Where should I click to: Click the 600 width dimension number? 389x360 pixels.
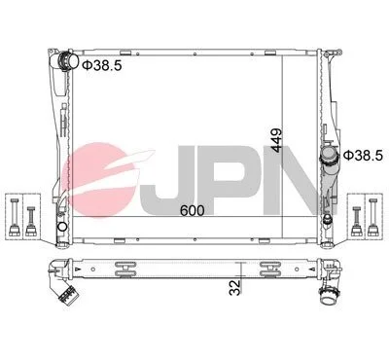pos(193,211)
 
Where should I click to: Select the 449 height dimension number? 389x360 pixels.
pos(277,140)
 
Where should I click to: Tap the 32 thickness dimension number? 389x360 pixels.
pos(235,287)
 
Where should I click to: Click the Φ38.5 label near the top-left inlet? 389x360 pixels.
pos(102,65)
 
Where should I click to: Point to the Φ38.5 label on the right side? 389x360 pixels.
pos(363,156)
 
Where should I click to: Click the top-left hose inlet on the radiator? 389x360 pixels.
pos(68,61)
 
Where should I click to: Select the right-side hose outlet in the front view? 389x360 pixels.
pos(330,156)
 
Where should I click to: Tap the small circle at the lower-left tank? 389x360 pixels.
pos(62,227)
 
